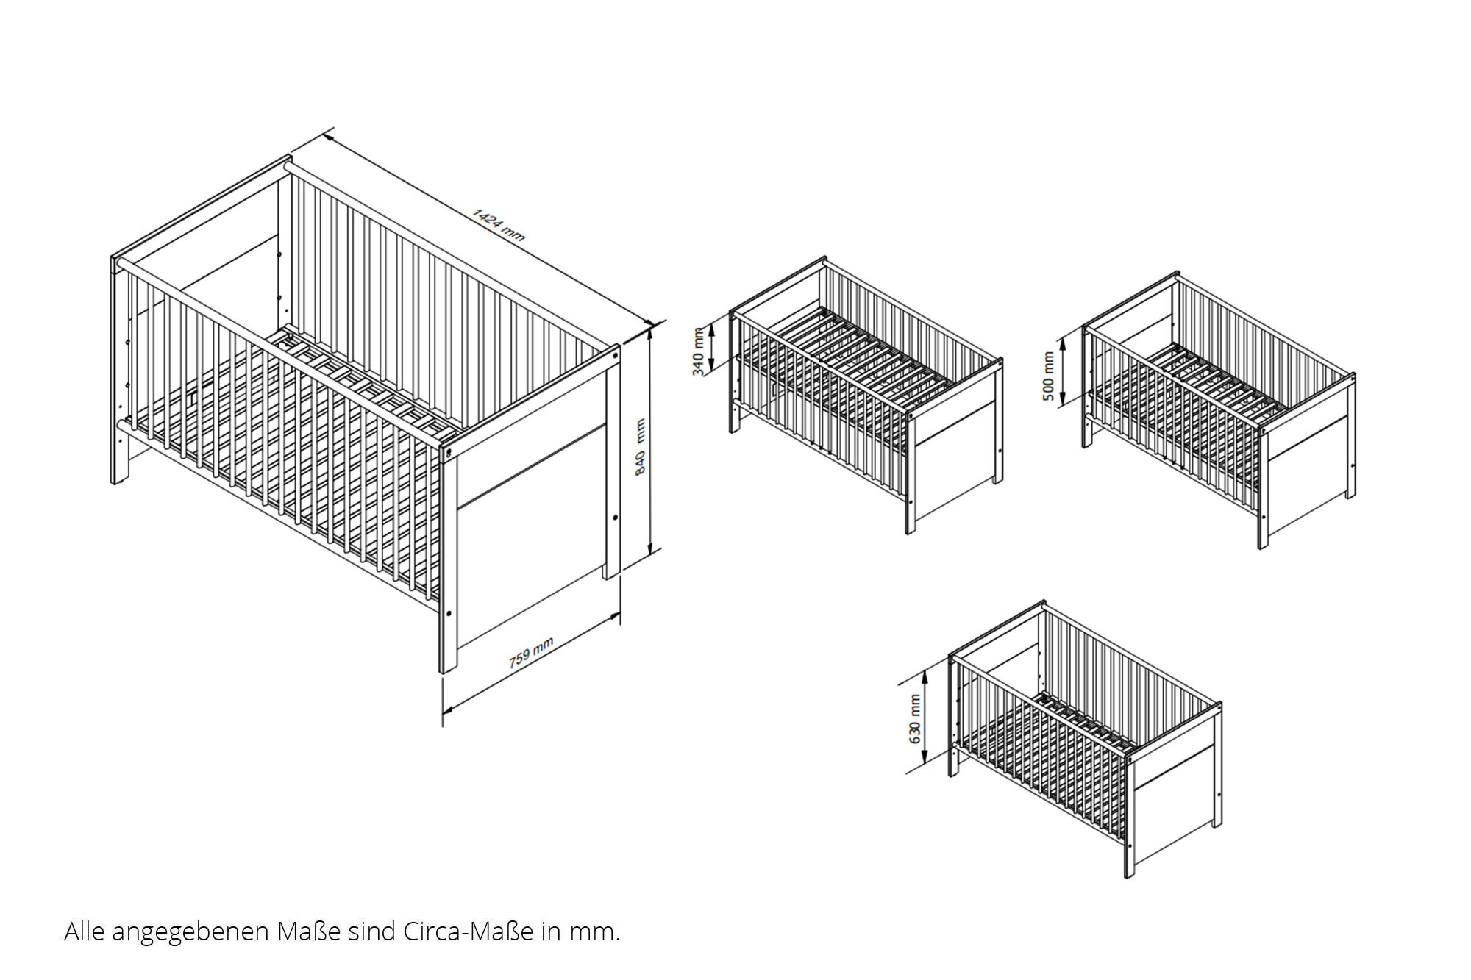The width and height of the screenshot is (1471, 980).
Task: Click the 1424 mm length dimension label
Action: coord(499,224)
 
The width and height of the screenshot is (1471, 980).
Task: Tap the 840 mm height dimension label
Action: coord(640,447)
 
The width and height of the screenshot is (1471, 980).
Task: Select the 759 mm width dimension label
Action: coord(531,653)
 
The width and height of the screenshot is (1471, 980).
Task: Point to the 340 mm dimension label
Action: coord(699,351)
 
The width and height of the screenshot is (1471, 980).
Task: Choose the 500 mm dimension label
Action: coord(1049,376)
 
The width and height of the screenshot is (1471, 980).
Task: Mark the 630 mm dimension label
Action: coord(915,719)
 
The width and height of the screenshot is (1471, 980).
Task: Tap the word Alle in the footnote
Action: coord(82,931)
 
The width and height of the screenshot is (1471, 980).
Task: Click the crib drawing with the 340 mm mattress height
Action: coord(866,395)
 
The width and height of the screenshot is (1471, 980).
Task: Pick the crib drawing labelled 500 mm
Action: coord(1219,410)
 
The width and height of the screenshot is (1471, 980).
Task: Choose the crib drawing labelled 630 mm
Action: coord(1086,739)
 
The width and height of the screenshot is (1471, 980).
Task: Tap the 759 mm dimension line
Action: coord(532,665)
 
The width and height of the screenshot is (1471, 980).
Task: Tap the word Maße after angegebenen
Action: coord(309,931)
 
